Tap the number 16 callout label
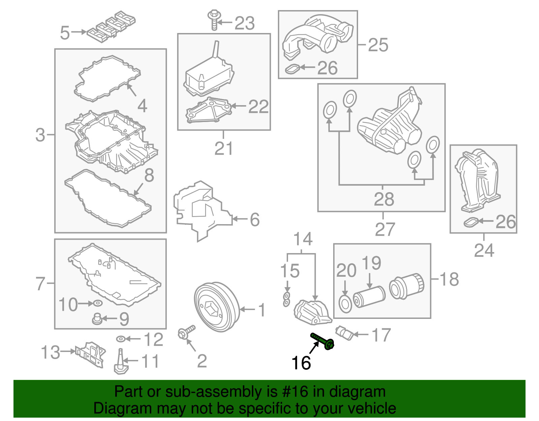click(x=301, y=363)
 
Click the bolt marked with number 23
click(x=213, y=20)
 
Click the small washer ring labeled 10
click(x=98, y=304)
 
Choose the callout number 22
click(x=258, y=107)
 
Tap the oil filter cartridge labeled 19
click(x=369, y=297)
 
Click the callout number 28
click(x=384, y=199)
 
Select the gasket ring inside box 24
click(x=471, y=222)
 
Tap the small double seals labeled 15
click(x=286, y=299)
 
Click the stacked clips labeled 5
click(x=111, y=27)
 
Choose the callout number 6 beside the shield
click(x=255, y=219)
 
